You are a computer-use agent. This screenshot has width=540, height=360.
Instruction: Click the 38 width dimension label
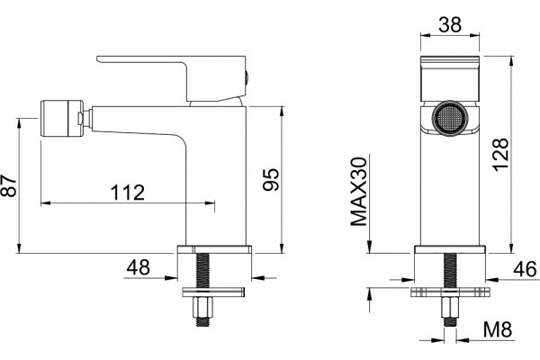coord(450,24)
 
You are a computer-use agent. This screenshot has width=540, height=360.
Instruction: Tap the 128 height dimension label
coord(500,154)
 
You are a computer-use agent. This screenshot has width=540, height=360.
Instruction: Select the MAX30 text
coord(359,192)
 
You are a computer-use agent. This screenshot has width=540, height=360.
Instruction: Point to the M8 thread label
coord(498,329)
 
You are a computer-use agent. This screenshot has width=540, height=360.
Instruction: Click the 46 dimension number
coord(525,269)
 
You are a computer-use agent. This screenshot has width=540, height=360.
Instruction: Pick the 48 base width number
coord(138,267)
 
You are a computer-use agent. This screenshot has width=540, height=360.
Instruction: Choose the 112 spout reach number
coord(128,193)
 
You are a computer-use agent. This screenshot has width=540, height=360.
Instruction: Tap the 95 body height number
coord(271,179)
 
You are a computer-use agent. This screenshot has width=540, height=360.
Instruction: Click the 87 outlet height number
coord(9,185)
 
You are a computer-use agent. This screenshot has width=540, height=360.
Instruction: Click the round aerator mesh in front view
coord(450,119)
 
